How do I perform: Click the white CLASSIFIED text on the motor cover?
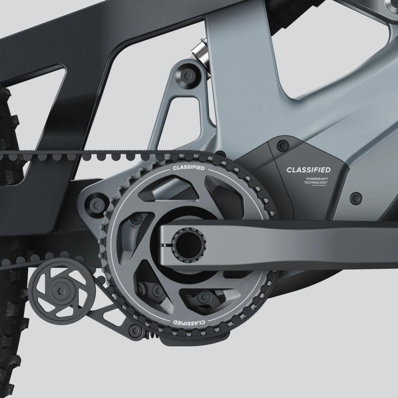(308, 170)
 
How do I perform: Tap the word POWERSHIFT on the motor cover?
(317, 179)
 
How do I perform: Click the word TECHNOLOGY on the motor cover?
(316, 183)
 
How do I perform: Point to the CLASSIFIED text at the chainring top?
(189, 168)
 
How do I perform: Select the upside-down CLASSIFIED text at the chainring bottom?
(189, 322)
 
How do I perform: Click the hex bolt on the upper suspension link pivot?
(187, 75)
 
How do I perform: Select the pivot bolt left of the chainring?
(97, 205)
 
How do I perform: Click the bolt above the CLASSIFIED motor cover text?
(283, 145)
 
